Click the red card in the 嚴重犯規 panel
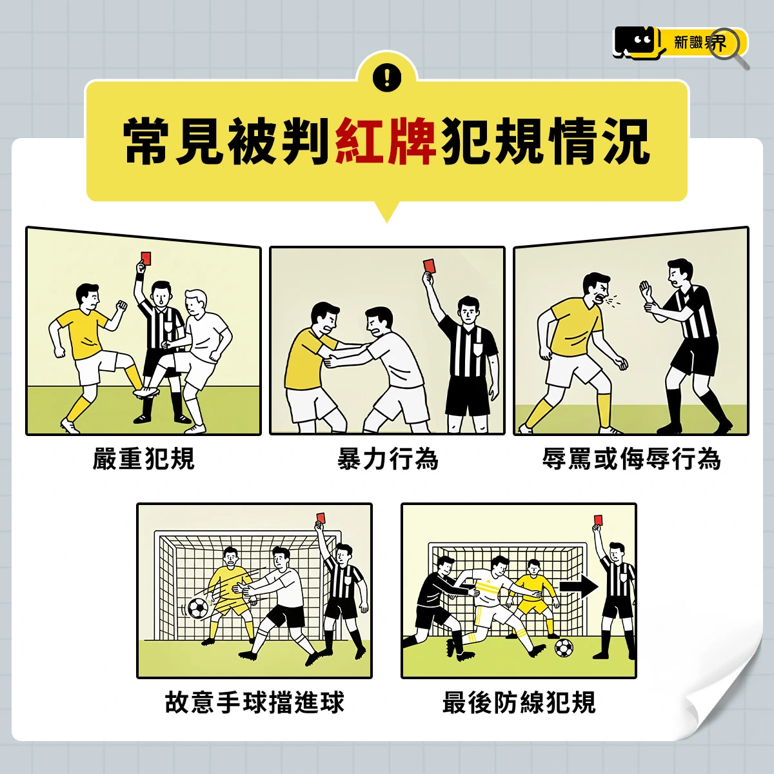tap(146, 258)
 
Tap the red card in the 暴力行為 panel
tap(430, 266)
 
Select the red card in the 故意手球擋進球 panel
tap(320, 517)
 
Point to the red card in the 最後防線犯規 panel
tap(597, 520)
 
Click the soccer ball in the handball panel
tap(199, 608)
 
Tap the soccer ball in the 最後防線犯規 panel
tap(564, 648)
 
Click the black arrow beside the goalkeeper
tap(579, 587)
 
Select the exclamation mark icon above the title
tap(387, 77)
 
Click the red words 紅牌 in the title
tap(386, 141)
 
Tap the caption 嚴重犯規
tap(143, 459)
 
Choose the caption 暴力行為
tap(388, 459)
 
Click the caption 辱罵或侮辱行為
tap(631, 459)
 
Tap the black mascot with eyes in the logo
tap(638, 43)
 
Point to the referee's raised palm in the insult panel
tap(646, 291)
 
